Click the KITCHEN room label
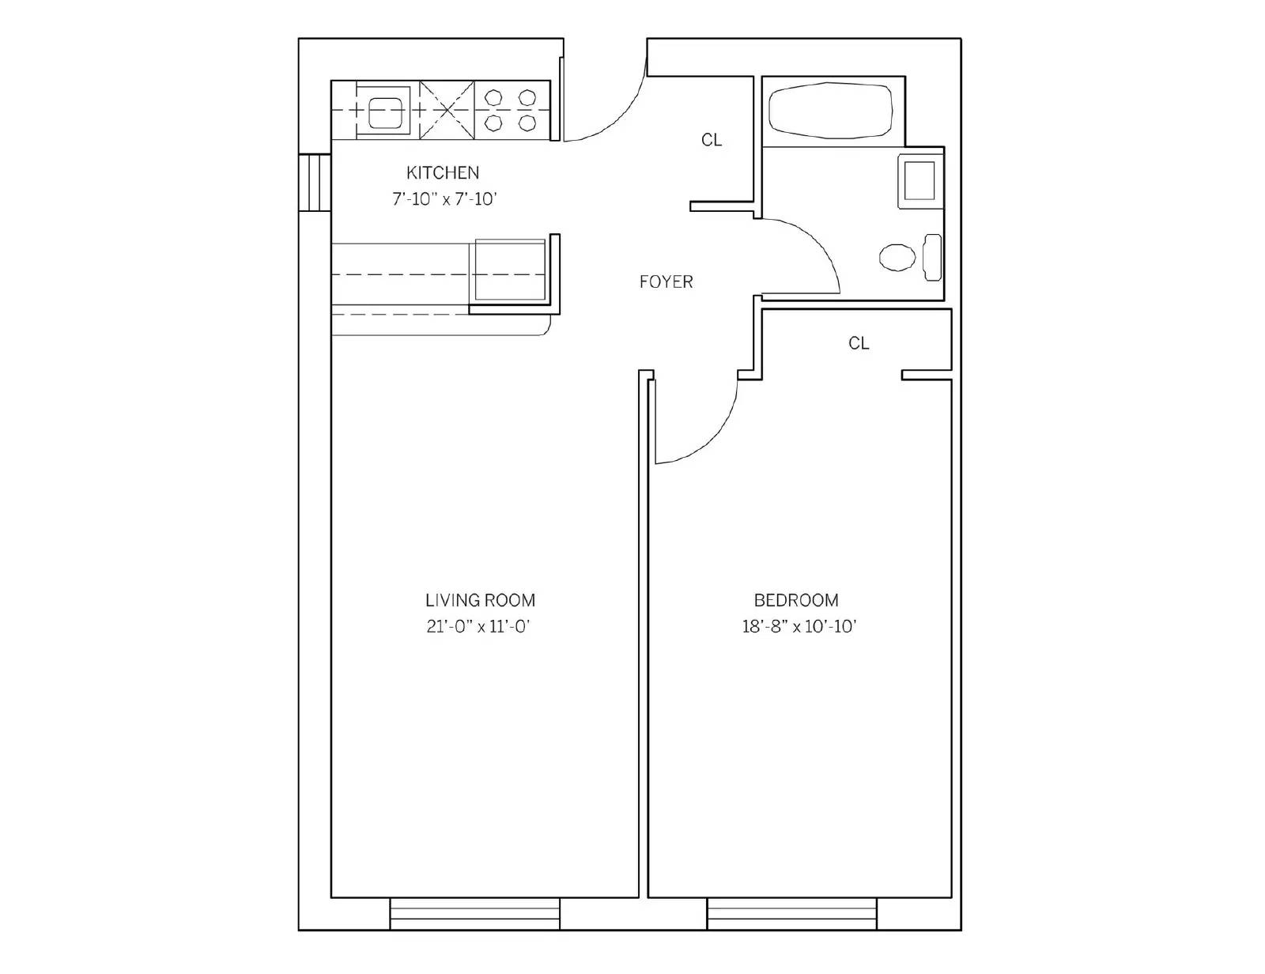click(x=443, y=173)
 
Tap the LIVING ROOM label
click(x=480, y=600)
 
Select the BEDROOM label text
click(x=796, y=600)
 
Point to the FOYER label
click(x=666, y=282)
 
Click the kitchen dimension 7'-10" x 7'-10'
click(x=444, y=199)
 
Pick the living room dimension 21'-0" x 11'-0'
click(x=478, y=627)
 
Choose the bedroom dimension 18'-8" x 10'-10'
click(x=799, y=627)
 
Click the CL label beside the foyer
click(x=712, y=140)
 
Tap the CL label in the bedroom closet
click(x=859, y=344)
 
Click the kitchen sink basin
click(x=385, y=111)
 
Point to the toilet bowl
click(x=897, y=257)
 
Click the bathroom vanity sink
click(x=920, y=181)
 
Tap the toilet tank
click(x=933, y=257)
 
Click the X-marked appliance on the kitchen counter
click(x=447, y=110)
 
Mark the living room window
click(x=474, y=914)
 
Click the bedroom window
click(x=791, y=914)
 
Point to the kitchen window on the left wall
click(x=315, y=183)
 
